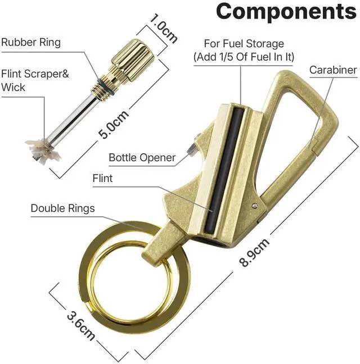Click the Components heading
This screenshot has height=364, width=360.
[286, 11]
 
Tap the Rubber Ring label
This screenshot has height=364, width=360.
[31, 42]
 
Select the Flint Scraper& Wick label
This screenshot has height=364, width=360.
[35, 80]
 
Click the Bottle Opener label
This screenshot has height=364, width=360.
[142, 158]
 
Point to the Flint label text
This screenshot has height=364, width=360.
[102, 178]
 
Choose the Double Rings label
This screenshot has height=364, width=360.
[63, 208]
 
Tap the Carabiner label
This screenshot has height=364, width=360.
[333, 70]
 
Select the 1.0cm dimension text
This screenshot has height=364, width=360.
[163, 29]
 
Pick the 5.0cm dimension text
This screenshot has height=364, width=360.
[113, 124]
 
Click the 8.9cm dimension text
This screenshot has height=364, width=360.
[254, 252]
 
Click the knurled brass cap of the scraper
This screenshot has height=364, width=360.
[133, 61]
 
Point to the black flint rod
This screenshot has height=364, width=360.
[224, 170]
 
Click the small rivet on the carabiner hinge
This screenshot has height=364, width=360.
[255, 204]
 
